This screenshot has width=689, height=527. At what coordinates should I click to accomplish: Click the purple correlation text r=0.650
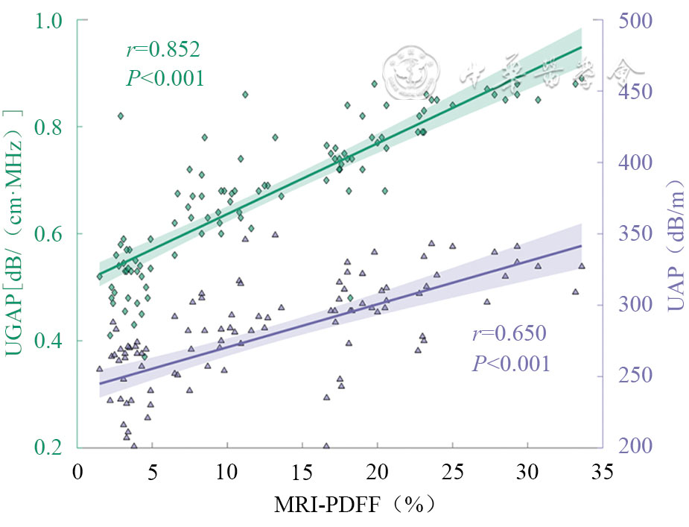pyautogui.click(x=509, y=333)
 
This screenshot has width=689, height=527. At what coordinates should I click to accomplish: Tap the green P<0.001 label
pyautogui.click(x=165, y=78)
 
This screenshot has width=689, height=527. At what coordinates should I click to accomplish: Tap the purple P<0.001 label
pyautogui.click(x=511, y=363)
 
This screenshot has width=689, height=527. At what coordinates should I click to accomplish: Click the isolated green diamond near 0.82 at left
pyautogui.click(x=120, y=116)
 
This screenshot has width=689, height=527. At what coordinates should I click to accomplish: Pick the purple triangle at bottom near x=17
pyautogui.click(x=326, y=446)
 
